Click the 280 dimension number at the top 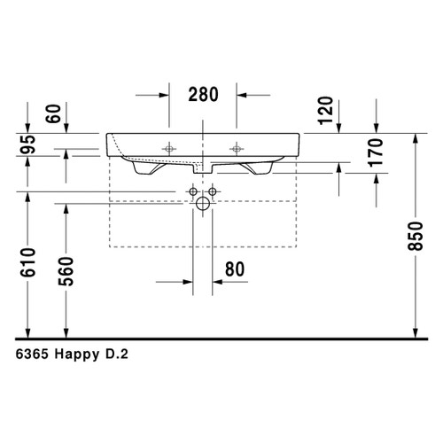[x=203, y=95]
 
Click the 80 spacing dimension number [x=235, y=269]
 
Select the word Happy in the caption [x=81, y=353]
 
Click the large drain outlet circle [x=203, y=205]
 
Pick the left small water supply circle [x=193, y=191]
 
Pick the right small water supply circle [x=213, y=191]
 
